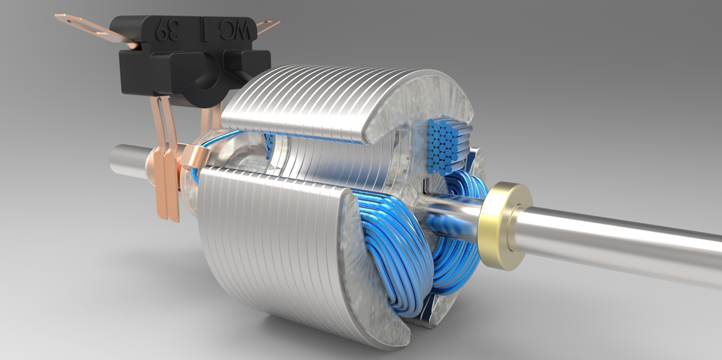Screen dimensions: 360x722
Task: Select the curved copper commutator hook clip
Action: pos(196,158)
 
